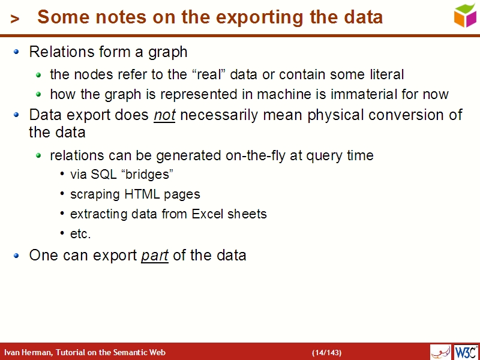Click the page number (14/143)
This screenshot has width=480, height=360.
tap(326, 352)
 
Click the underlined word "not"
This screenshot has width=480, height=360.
tap(164, 115)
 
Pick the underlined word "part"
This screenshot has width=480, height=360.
tap(155, 255)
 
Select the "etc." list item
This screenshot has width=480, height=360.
tap(80, 233)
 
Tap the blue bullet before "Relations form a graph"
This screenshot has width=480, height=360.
tap(17, 52)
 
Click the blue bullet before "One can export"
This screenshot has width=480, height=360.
tap(17, 256)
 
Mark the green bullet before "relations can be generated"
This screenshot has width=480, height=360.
tap(38, 156)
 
